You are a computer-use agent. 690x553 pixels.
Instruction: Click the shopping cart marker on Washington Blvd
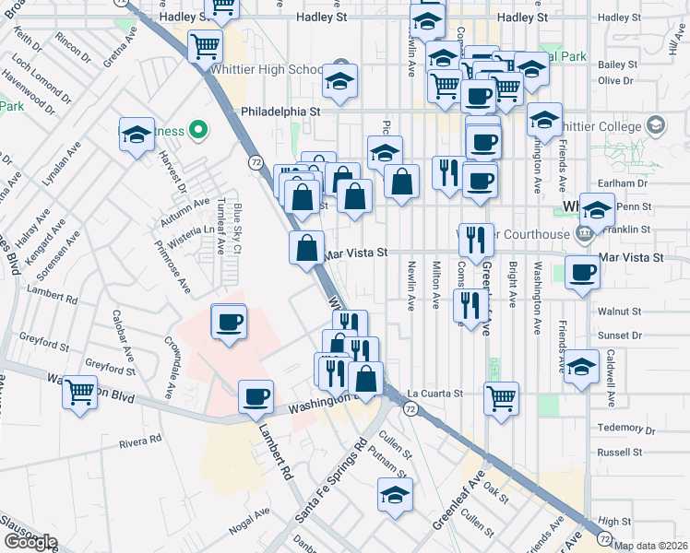(x=80, y=391)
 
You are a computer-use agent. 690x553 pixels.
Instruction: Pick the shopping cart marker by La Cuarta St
(x=501, y=397)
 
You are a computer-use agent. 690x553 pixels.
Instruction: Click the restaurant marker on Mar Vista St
(x=476, y=239)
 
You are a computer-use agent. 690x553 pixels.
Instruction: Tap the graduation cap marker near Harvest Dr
(x=137, y=135)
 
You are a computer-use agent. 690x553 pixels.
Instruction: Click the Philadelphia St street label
(x=280, y=111)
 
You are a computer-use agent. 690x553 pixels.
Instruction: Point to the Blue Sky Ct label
(x=237, y=228)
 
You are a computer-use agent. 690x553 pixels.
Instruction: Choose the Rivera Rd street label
(x=140, y=441)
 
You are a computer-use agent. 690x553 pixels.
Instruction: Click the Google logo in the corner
(x=30, y=541)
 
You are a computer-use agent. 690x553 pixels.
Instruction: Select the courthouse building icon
(x=583, y=234)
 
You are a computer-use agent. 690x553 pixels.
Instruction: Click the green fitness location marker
(x=196, y=131)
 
